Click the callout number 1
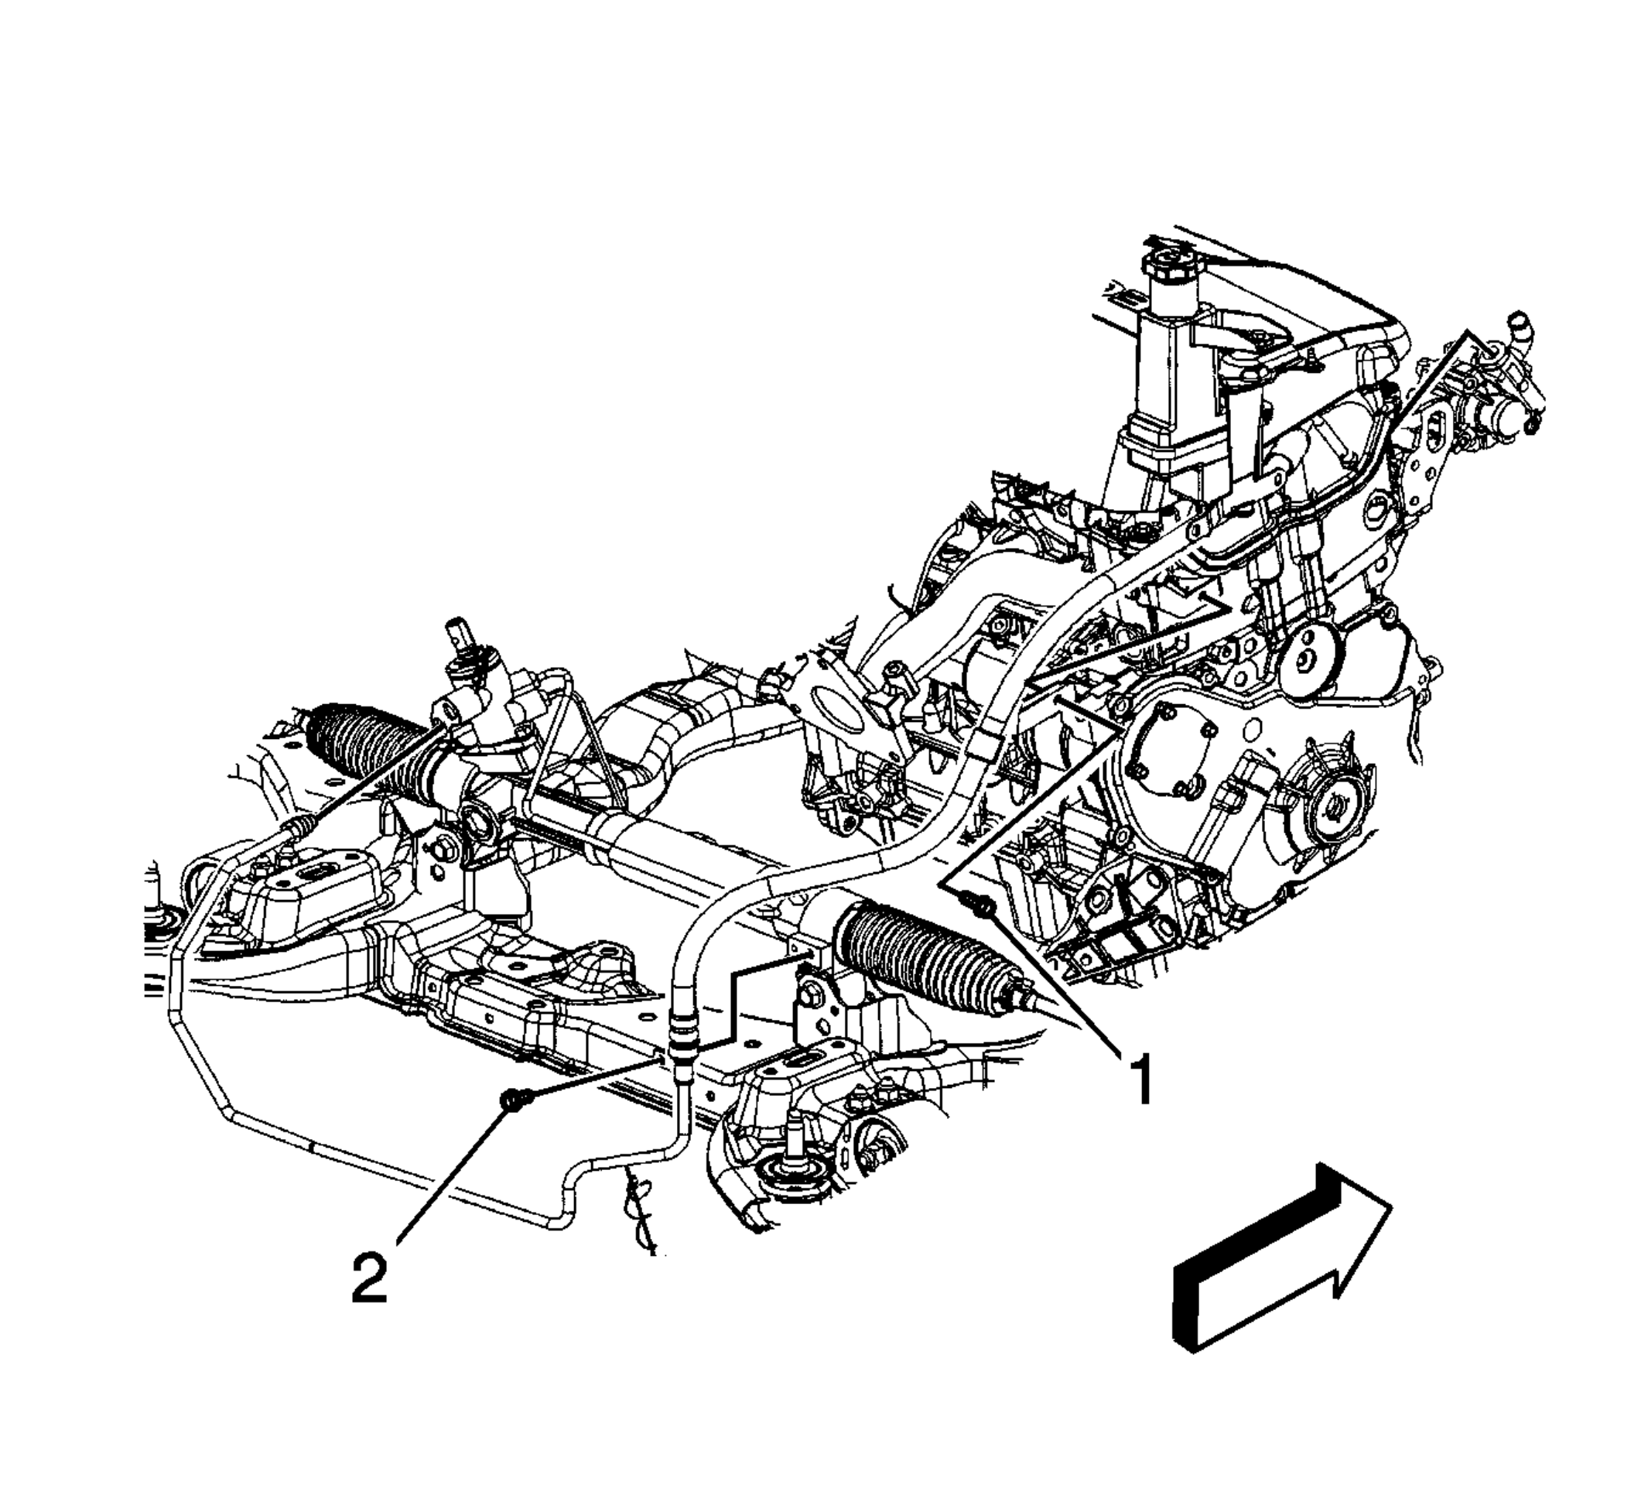(1140, 1078)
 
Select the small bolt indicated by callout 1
(983, 903)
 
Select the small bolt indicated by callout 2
(515, 1100)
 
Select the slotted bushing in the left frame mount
(313, 871)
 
